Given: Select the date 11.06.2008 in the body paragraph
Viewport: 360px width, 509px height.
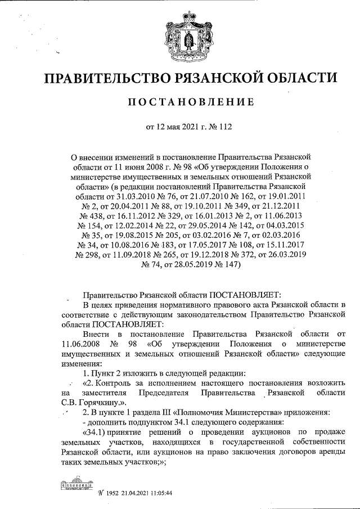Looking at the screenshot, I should tap(80, 344).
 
